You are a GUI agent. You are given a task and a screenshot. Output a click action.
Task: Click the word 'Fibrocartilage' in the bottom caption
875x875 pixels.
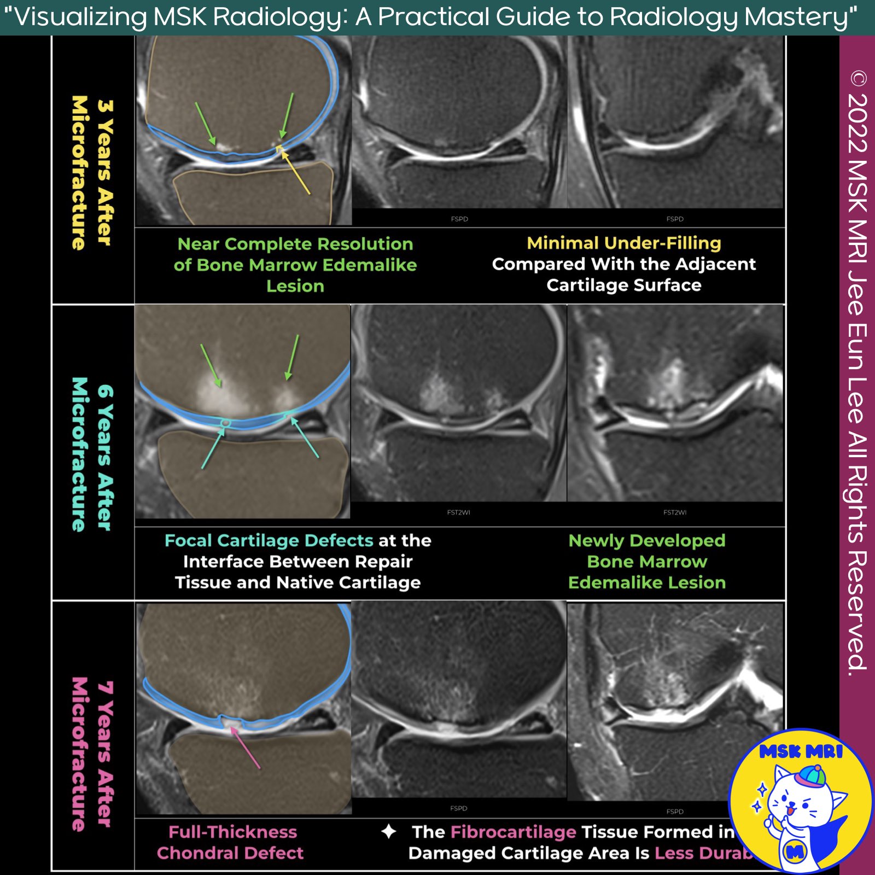click(x=513, y=832)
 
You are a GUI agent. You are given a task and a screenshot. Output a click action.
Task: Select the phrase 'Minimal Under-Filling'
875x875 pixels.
click(x=623, y=243)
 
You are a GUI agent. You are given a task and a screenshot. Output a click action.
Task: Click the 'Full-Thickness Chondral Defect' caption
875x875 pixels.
click(x=230, y=842)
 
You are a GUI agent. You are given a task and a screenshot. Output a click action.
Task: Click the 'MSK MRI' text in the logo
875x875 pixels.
click(x=801, y=752)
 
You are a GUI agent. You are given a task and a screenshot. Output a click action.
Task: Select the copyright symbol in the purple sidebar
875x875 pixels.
click(x=858, y=79)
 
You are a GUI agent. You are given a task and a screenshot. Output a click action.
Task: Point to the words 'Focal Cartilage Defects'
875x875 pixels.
click(x=269, y=540)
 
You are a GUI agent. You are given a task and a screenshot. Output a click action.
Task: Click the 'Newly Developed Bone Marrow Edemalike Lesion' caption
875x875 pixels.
click(x=646, y=562)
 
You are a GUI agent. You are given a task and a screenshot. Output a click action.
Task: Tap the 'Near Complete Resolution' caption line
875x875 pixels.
click(x=295, y=244)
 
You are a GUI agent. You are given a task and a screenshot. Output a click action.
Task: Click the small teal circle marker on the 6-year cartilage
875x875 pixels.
click(x=225, y=423)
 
